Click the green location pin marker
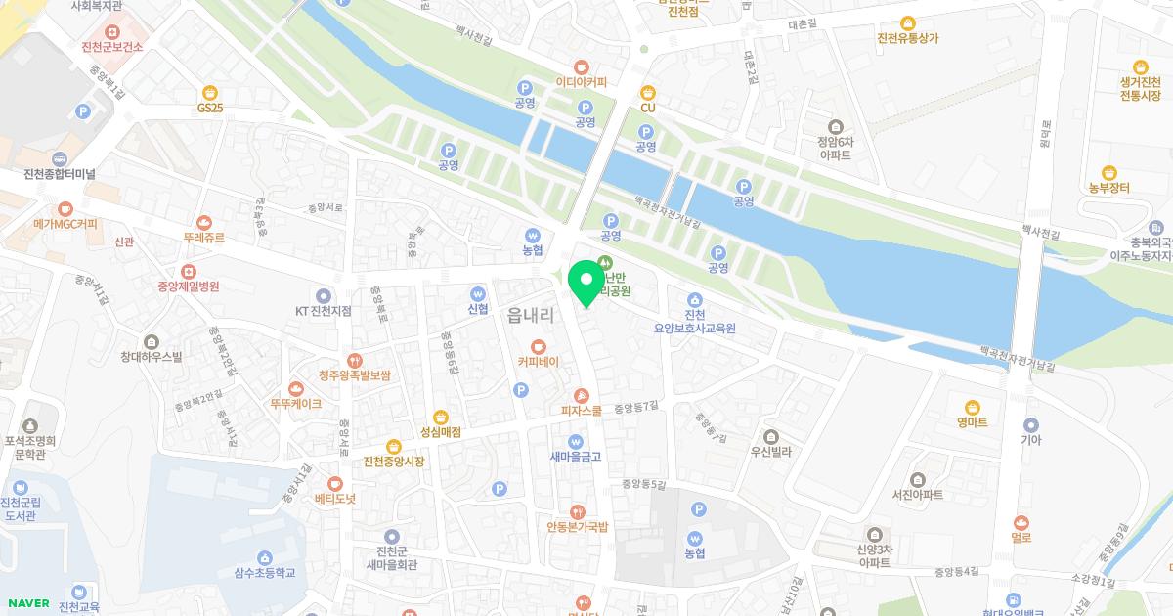click(586, 282)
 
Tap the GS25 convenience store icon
click(210, 92)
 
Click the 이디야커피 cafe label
click(581, 82)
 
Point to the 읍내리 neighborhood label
click(532, 316)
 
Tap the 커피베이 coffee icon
click(538, 346)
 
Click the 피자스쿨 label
click(581, 411)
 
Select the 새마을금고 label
click(576, 457)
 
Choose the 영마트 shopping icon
click(973, 407)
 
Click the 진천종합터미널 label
click(60, 174)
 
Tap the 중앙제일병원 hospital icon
click(188, 271)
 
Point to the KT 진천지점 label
click(323, 311)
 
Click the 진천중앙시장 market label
click(393, 462)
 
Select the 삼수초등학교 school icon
click(264, 557)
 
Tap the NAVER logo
click(27, 603)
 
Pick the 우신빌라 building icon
click(771, 436)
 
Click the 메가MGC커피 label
click(65, 224)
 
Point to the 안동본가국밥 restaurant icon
click(578, 510)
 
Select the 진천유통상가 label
click(908, 38)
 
